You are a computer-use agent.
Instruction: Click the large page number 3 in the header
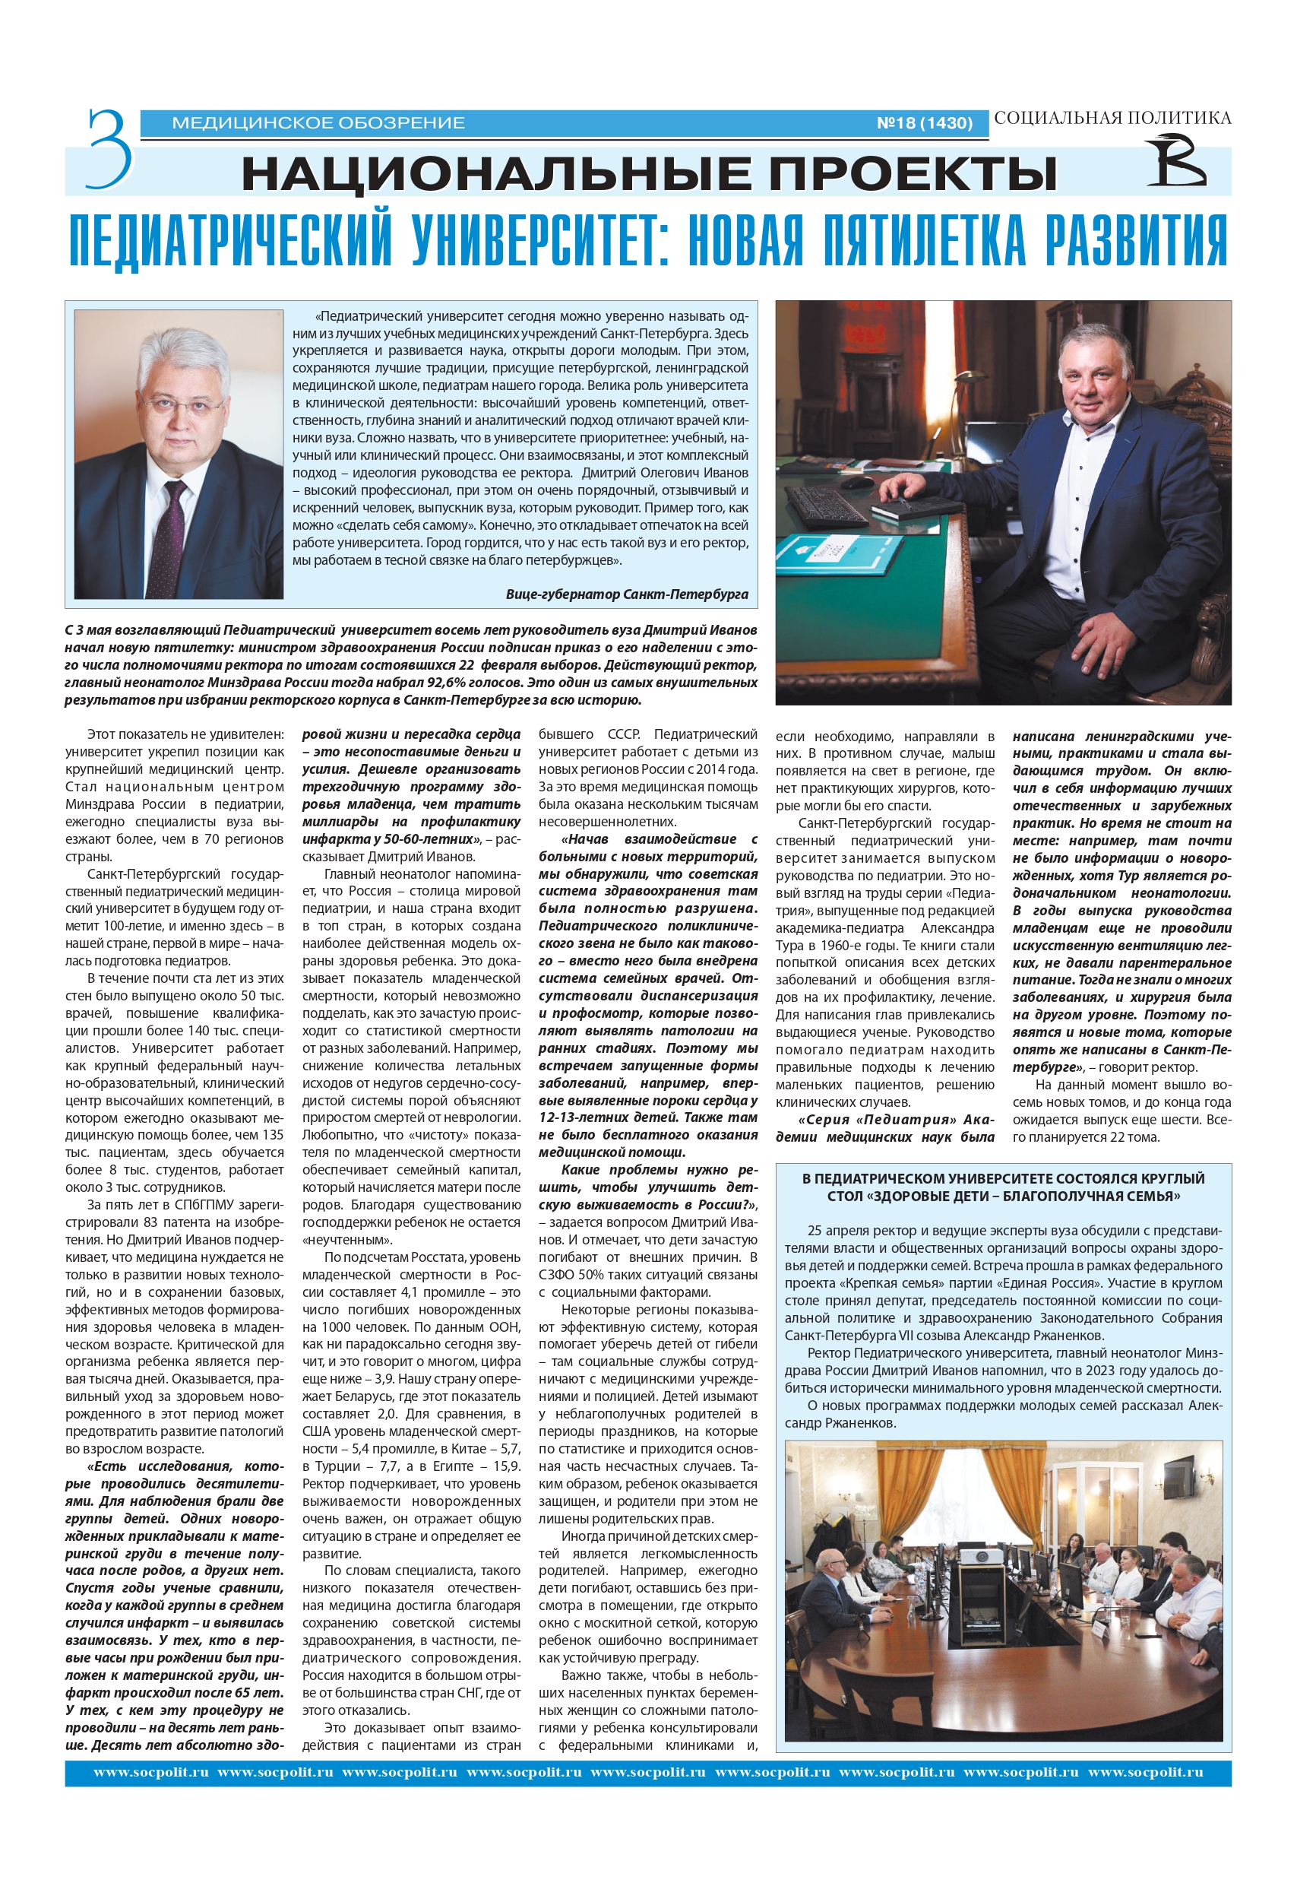(109, 149)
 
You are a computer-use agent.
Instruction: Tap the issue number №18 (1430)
(924, 122)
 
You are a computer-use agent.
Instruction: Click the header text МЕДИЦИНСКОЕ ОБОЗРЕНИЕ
(318, 122)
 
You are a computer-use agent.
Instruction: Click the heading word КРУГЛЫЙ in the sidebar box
(1169, 1178)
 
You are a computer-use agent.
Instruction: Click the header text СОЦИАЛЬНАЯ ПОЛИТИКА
(1112, 118)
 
